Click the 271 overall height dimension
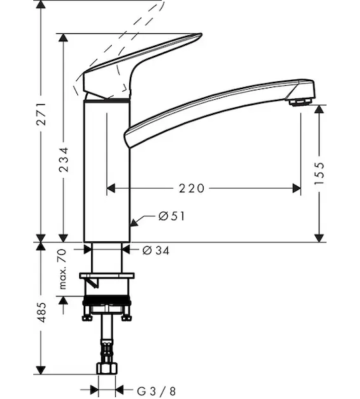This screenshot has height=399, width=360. tap(41, 114)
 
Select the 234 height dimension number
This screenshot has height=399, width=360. tap(64, 160)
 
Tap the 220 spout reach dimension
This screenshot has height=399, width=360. tap(192, 189)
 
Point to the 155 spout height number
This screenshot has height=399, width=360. tap(319, 174)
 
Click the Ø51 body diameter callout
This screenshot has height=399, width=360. tap(171, 216)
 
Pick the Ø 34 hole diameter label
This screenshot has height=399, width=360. tap(156, 251)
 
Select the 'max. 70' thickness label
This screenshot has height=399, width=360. tap(63, 269)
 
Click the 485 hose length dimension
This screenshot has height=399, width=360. tap(41, 313)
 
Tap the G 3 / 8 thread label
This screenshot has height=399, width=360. tap(156, 391)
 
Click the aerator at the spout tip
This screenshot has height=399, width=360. tap(300, 102)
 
